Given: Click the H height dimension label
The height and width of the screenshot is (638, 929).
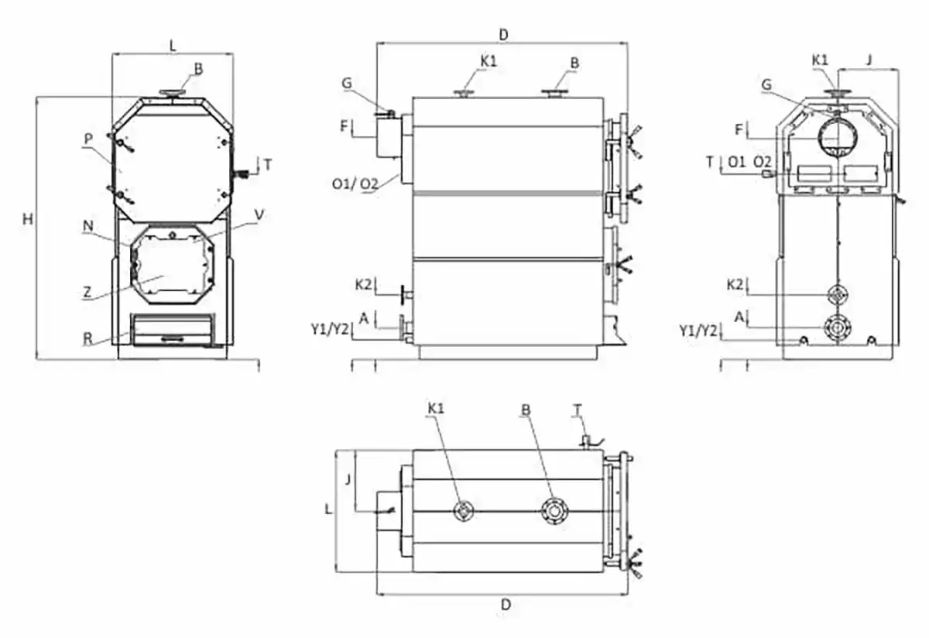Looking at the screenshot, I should click(28, 220).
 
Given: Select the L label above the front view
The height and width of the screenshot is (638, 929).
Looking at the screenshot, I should click(173, 45).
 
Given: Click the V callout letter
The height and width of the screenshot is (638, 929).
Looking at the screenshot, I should click(259, 214).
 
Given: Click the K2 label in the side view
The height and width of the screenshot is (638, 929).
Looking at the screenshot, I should click(364, 284).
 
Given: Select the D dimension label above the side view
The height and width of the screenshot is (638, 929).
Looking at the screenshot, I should click(503, 34).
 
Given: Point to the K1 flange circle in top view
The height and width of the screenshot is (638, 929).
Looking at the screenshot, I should click(464, 511).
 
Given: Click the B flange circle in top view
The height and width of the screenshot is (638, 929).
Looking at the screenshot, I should click(554, 511).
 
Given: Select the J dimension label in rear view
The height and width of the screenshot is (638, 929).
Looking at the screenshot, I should click(869, 58).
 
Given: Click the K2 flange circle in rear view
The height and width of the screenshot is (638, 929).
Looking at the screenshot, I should click(837, 296).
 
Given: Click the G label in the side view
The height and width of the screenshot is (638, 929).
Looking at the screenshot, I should click(346, 81).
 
